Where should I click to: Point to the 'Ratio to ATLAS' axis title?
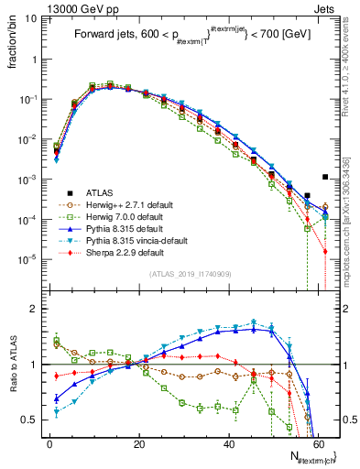coord(14,366)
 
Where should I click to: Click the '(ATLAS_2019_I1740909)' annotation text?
coord(191,274)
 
